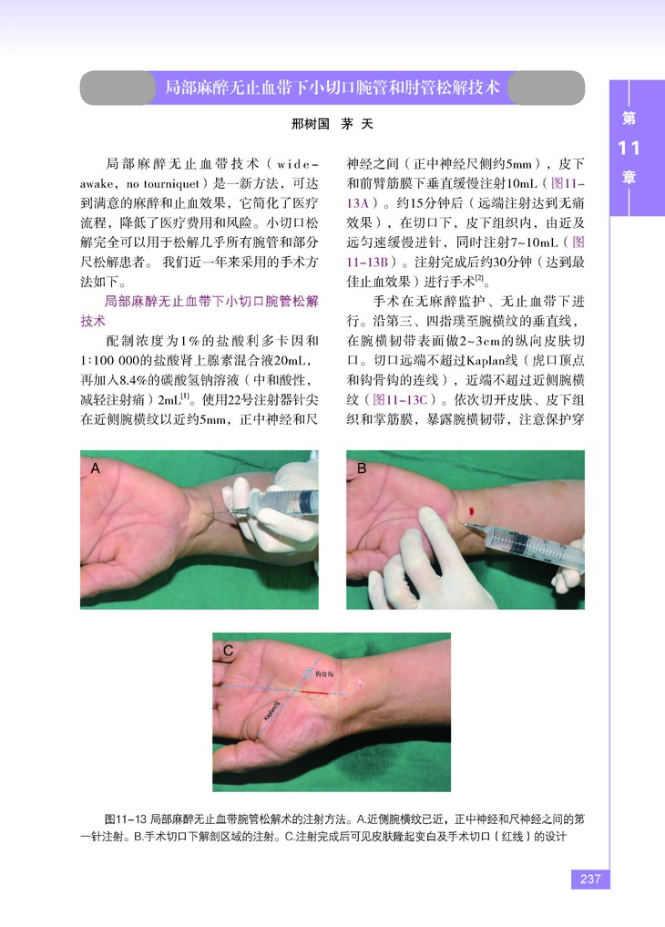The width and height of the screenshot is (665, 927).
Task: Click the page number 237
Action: tap(590, 879)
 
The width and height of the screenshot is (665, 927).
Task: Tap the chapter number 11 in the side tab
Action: tap(629, 148)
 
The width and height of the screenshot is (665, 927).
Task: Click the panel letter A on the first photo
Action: tap(95, 469)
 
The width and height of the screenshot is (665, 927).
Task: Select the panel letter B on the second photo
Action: tap(362, 469)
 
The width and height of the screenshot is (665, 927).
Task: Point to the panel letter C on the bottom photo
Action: tap(228, 651)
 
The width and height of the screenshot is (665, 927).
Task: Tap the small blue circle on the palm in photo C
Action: tap(308, 674)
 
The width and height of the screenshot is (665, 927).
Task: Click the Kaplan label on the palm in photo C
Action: tap(272, 711)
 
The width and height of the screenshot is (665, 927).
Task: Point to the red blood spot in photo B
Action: tap(471, 510)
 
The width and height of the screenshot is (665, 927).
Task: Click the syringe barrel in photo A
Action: tap(283, 502)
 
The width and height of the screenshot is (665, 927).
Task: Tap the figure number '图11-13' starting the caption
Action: tap(125, 819)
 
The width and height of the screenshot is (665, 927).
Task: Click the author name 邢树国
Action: tap(310, 124)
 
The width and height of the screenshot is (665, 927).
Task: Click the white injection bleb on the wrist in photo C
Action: tap(360, 684)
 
